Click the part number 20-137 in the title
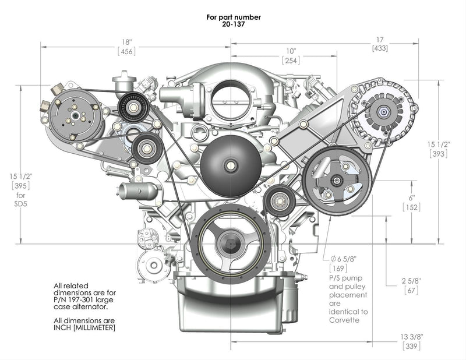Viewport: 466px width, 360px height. (x=233, y=24)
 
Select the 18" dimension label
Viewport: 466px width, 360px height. (x=127, y=42)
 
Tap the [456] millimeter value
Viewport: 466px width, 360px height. (x=127, y=51)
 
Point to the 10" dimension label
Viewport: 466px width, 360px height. (x=291, y=51)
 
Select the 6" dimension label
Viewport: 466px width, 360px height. (x=411, y=197)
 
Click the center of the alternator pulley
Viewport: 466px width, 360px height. (x=386, y=112)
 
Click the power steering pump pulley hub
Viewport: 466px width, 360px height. (x=336, y=180)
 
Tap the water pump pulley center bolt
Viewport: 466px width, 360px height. (x=231, y=165)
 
